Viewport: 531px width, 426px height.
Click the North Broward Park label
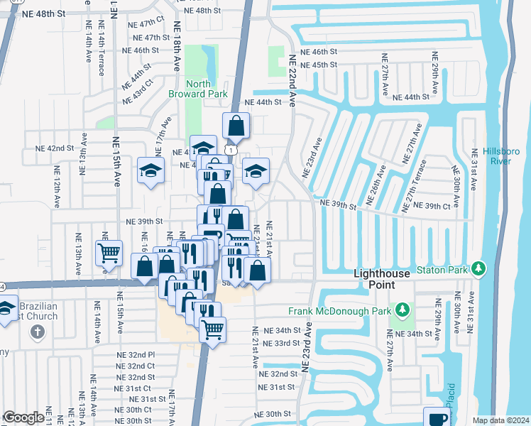click(x=197, y=89)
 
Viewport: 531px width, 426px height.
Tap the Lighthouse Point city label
click(x=384, y=279)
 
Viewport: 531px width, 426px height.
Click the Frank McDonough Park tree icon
click(x=403, y=310)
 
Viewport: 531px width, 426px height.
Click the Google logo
click(x=23, y=417)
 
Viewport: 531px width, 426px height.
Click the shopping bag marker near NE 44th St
click(x=236, y=126)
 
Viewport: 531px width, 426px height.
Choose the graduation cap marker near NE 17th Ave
click(x=151, y=170)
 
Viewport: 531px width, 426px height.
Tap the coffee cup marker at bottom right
click(x=437, y=417)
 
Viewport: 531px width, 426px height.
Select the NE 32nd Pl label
click(x=135, y=354)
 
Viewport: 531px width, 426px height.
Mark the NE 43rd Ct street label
click(x=138, y=92)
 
